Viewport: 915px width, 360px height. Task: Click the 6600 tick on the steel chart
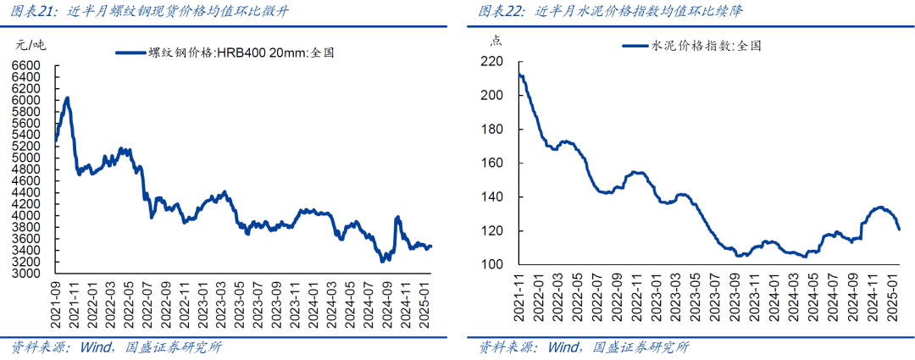pos(25,66)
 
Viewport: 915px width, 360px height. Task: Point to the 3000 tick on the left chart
pos(25,273)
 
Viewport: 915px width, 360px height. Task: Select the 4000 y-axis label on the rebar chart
pos(25,215)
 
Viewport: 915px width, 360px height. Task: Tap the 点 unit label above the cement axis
pos(496,40)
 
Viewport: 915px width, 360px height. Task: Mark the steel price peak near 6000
pos(68,98)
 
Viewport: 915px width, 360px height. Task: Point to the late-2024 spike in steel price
pos(398,218)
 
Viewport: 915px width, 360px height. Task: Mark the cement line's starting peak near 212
pos(519,74)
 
